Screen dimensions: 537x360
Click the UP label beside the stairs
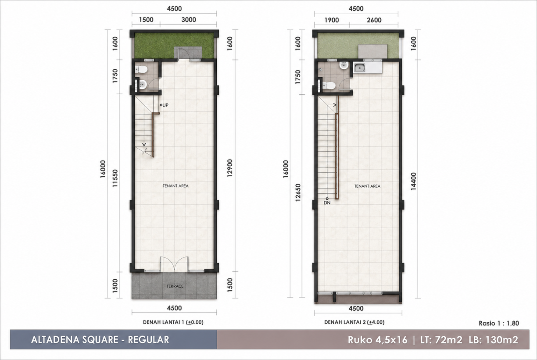tap(165, 105)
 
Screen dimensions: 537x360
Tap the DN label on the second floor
tap(327, 203)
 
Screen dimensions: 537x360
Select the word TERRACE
tap(175, 286)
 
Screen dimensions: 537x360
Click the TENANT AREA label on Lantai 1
tap(175, 186)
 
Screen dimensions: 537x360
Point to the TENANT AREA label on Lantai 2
tap(367, 186)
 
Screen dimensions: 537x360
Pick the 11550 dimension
tap(115, 178)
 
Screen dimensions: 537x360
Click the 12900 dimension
tap(229, 168)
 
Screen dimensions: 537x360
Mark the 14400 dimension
tap(414, 182)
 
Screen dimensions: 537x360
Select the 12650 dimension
tap(297, 192)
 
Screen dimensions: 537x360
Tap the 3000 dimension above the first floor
tap(189, 20)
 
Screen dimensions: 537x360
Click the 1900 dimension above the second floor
tap(332, 20)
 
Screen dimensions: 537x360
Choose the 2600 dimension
tap(374, 20)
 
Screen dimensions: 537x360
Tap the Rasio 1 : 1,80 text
tap(499, 323)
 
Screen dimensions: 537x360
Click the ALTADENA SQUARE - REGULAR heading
tap(100, 340)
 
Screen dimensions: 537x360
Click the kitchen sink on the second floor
tap(360, 68)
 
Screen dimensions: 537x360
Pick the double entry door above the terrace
tap(174, 264)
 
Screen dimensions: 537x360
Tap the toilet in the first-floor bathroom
tap(141, 70)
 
